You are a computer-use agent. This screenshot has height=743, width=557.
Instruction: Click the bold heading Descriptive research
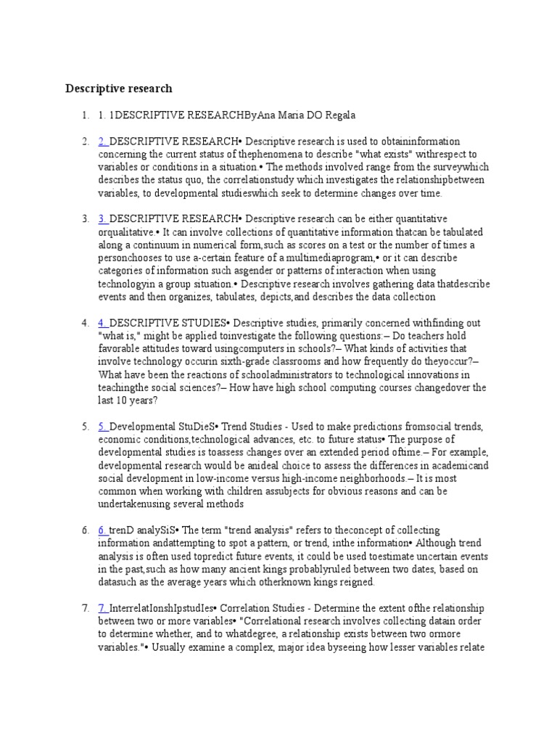click(119, 89)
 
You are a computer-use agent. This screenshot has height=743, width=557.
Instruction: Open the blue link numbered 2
click(103, 141)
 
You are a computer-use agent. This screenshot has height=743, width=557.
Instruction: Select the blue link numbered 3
click(103, 218)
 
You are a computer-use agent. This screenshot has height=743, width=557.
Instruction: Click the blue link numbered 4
click(103, 322)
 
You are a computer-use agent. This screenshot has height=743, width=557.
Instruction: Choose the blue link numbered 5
click(103, 426)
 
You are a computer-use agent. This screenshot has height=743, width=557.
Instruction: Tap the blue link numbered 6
click(103, 530)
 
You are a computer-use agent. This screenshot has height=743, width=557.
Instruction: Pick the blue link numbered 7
click(103, 608)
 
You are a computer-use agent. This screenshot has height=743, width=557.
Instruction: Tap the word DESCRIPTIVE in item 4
click(142, 322)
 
